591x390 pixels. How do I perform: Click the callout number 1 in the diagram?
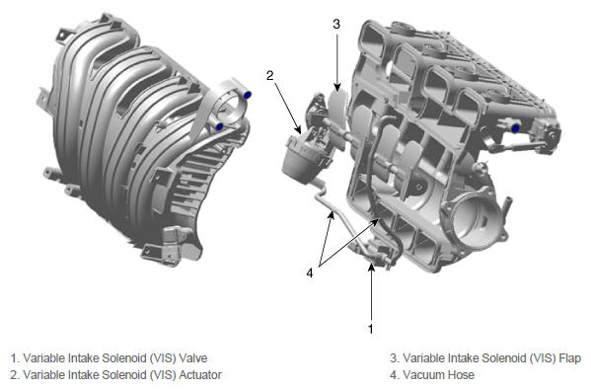point(371,329)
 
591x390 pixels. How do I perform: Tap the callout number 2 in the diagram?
point(269,75)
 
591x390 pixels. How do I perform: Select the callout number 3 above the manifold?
point(336,24)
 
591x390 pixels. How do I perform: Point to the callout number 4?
point(310,273)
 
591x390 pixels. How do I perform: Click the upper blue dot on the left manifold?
point(248,95)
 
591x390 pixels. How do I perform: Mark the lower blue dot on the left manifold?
point(219,126)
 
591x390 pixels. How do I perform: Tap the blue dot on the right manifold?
point(515,128)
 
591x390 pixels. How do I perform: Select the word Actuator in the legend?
point(200,374)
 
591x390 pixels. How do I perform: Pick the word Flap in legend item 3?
point(569,357)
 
